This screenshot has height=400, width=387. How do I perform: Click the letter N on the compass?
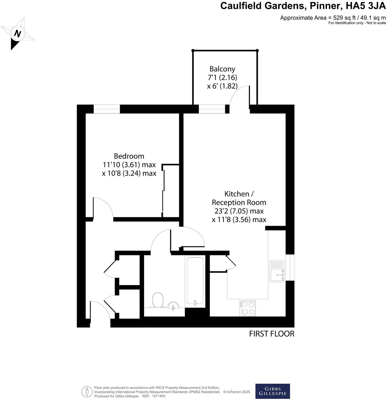point(18,34)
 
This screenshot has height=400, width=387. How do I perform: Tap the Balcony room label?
point(222,69)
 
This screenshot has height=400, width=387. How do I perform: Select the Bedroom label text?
point(129,156)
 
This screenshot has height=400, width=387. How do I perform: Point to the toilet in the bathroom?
point(157,300)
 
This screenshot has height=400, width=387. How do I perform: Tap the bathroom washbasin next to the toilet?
point(173,305)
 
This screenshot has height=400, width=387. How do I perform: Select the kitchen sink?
point(277,271)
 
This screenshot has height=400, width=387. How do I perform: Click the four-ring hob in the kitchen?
point(248,308)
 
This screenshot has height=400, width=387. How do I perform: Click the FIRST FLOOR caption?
point(271,334)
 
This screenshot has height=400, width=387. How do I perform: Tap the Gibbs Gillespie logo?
point(273,391)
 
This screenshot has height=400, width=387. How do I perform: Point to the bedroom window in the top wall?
point(107,109)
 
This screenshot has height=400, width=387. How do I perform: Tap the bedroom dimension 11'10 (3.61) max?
point(129,165)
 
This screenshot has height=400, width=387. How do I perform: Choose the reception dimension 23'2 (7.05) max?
point(239,211)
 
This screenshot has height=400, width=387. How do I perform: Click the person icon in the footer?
point(87,391)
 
